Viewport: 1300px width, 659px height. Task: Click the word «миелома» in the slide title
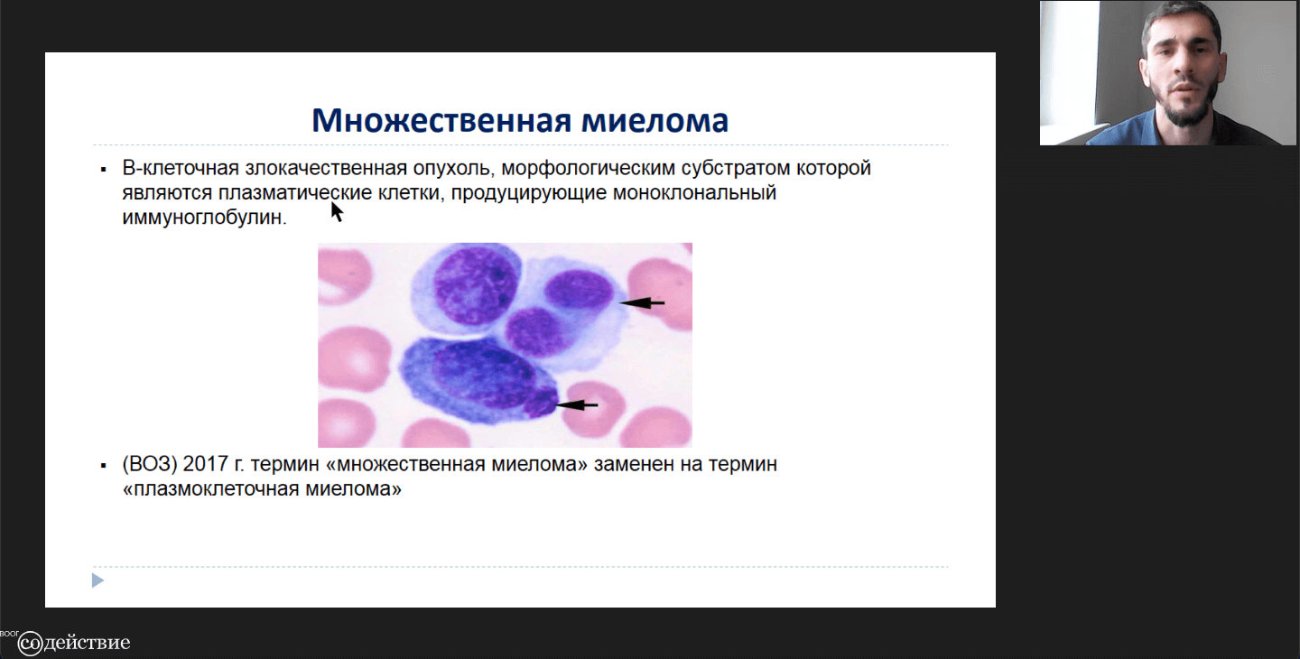click(655, 120)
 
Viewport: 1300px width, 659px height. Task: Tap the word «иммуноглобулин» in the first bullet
click(204, 217)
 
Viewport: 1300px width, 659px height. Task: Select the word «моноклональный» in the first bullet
click(694, 192)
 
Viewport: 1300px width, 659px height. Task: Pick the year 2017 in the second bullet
click(205, 464)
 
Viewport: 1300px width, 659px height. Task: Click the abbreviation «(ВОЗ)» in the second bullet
click(149, 464)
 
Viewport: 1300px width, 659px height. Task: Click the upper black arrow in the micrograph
click(642, 302)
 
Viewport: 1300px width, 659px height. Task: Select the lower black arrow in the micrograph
click(576, 405)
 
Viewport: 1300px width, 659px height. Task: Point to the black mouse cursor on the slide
click(337, 212)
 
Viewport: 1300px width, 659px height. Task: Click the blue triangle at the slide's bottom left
click(97, 580)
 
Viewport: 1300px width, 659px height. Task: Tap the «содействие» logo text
click(74, 642)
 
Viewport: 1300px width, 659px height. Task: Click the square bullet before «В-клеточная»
click(103, 170)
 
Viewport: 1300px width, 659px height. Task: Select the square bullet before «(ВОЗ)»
click(103, 465)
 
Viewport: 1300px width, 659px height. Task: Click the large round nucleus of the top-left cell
click(475, 285)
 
